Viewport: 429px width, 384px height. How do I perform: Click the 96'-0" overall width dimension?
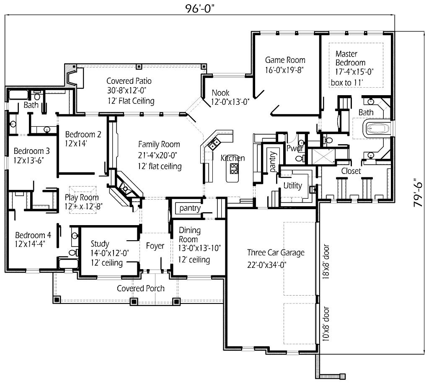tap(201, 8)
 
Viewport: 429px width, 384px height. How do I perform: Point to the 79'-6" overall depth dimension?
tap(417, 192)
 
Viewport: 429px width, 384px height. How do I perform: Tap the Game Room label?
tap(285, 60)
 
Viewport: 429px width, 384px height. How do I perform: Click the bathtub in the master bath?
tap(378, 128)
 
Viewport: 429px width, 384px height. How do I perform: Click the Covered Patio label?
tap(129, 81)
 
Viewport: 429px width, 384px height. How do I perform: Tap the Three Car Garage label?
tap(276, 252)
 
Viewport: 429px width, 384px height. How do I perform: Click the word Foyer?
tap(155, 246)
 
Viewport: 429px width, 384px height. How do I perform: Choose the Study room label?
tap(100, 244)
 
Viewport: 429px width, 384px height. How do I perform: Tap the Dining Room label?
tap(189, 235)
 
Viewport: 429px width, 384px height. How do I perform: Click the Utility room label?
tap(292, 185)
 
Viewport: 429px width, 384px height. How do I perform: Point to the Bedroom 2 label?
tap(83, 135)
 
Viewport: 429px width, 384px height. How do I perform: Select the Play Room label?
tap(82, 197)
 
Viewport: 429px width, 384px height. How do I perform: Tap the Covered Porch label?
tap(140, 288)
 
